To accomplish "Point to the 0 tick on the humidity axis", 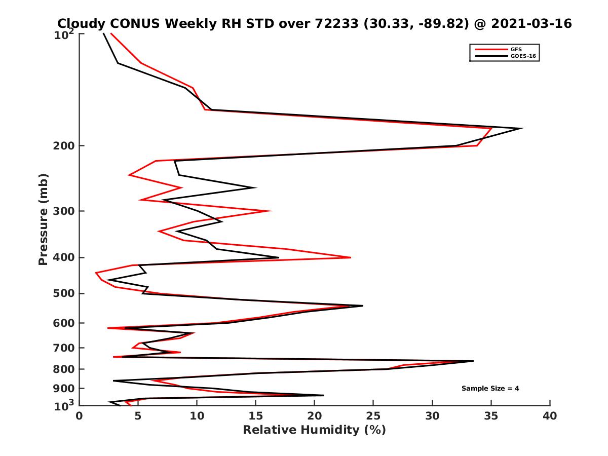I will click(x=80, y=416).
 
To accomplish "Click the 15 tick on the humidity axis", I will click(x=256, y=416).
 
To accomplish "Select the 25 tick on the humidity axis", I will click(x=373, y=416).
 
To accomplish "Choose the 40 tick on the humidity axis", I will click(x=550, y=416).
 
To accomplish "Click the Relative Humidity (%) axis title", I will click(x=314, y=430).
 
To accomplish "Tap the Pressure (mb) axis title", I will click(x=43, y=219).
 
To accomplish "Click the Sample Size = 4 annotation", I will click(x=490, y=389).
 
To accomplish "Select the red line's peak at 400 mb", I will click(x=351, y=257).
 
